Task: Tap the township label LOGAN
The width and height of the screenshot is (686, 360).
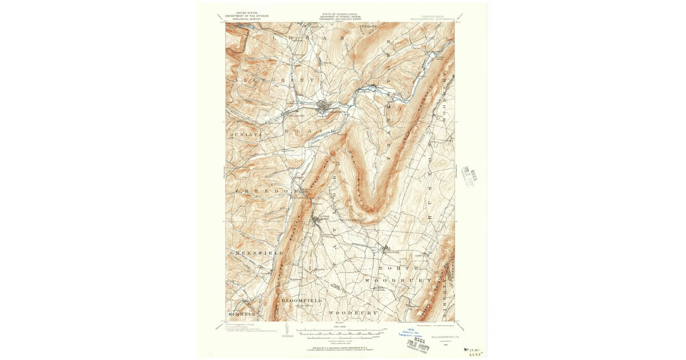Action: [x=308, y=38]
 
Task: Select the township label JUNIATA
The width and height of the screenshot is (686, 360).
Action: [x=246, y=134]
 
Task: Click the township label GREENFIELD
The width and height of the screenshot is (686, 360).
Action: [x=257, y=252]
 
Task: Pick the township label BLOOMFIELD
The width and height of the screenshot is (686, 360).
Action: [x=302, y=300]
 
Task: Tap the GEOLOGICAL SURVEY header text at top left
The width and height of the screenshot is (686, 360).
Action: [x=246, y=18]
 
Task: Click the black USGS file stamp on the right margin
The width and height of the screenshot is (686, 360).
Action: [x=471, y=175]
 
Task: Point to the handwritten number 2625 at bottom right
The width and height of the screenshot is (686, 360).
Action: [x=473, y=354]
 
